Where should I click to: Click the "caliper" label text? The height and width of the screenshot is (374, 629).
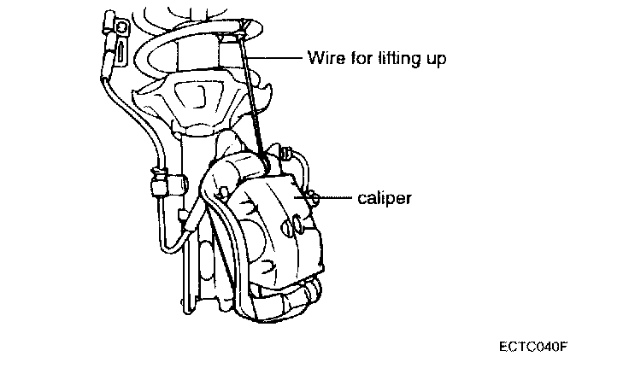[x=385, y=198]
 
